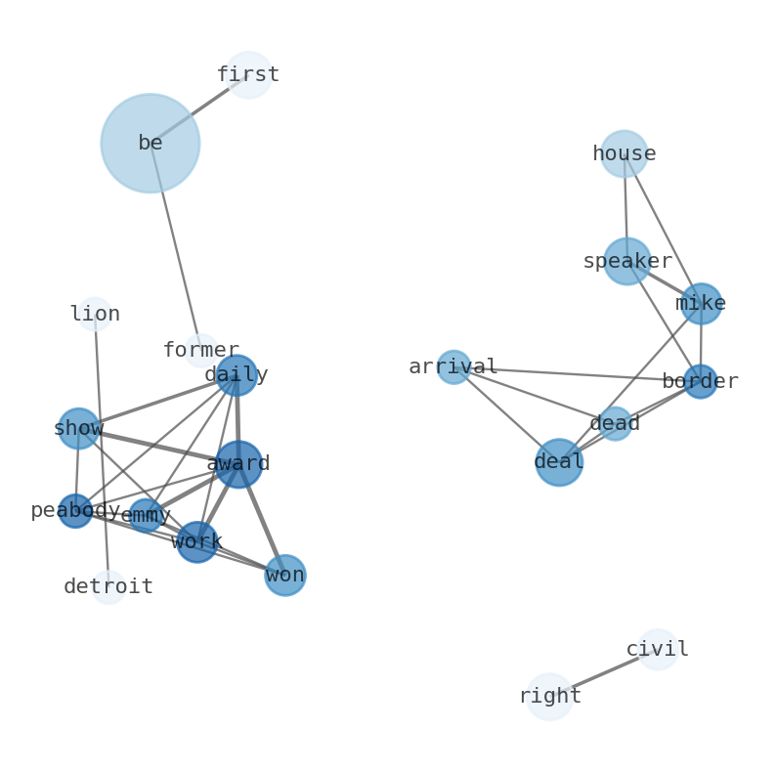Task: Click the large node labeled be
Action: (x=151, y=144)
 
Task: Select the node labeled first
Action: (x=248, y=75)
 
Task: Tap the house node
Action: (x=624, y=154)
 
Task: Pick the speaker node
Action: (x=626, y=262)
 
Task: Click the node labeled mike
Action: (x=701, y=304)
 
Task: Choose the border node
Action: (x=700, y=382)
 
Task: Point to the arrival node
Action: (x=453, y=367)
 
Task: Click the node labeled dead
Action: (x=615, y=424)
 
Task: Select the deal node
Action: (x=559, y=462)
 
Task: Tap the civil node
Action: (x=658, y=650)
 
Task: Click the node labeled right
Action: (x=549, y=697)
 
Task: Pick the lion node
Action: (x=95, y=315)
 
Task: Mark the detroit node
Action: (x=108, y=587)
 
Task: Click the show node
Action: (x=78, y=429)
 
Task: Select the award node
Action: (x=238, y=464)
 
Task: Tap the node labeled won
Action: (x=285, y=576)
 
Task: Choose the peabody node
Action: (x=75, y=511)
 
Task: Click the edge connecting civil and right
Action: (x=604, y=673)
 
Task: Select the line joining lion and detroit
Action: (x=102, y=450)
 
